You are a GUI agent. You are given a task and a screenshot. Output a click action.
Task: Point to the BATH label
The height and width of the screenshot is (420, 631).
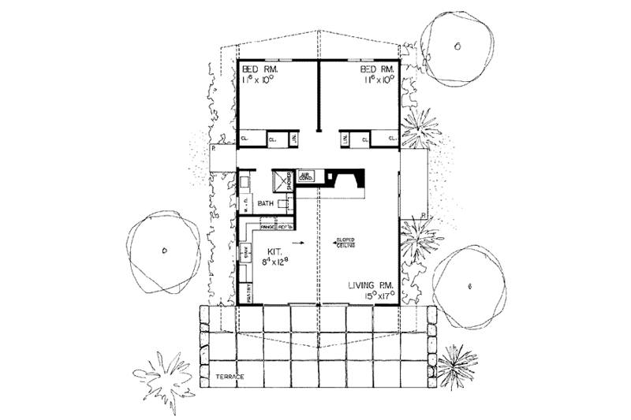pyautogui.click(x=265, y=203)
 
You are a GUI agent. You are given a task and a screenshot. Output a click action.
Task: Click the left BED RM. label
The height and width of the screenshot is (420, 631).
pyautogui.click(x=257, y=70)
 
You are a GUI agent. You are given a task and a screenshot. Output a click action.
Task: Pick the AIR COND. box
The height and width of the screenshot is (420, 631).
pyautogui.click(x=307, y=178)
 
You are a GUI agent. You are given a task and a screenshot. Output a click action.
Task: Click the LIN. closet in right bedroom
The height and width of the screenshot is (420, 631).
pyautogui.click(x=345, y=140)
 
